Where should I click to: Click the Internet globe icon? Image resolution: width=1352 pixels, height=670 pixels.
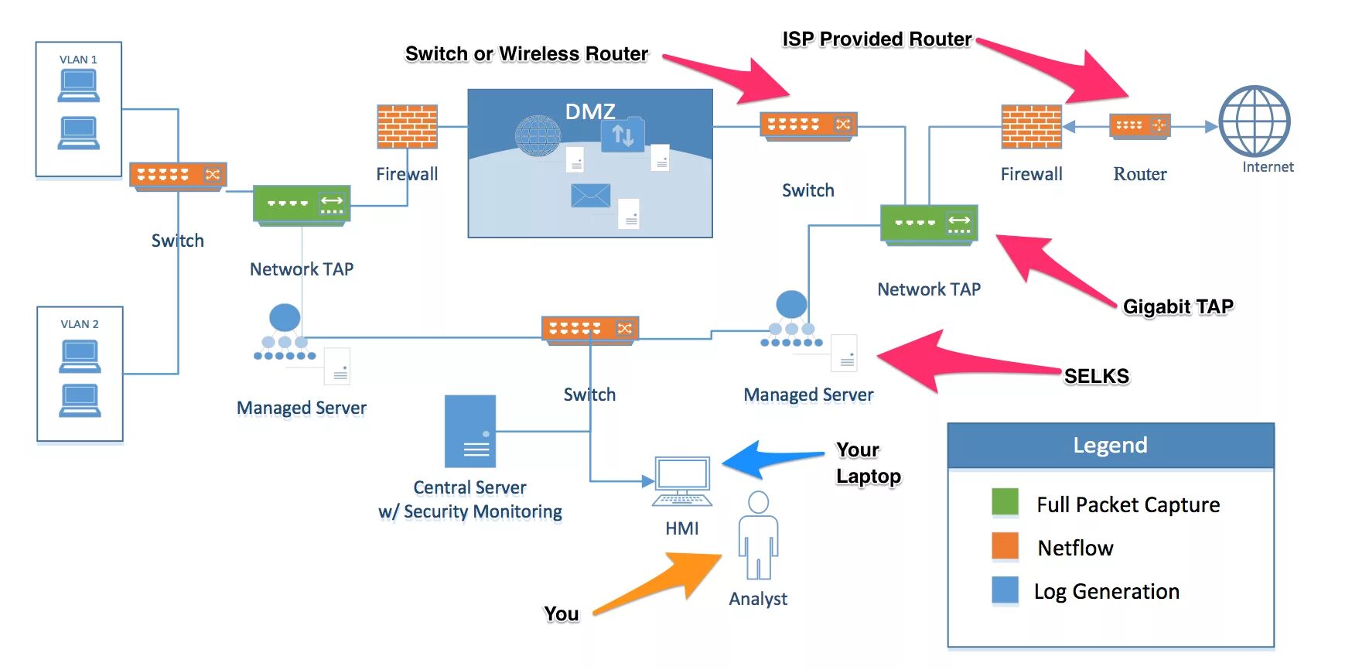click(x=1254, y=121)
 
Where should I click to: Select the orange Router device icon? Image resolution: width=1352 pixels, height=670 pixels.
click(x=1139, y=125)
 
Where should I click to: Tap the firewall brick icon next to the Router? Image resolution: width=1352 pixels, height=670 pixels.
click(x=1031, y=126)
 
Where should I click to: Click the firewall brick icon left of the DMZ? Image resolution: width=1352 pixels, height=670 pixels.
click(x=407, y=126)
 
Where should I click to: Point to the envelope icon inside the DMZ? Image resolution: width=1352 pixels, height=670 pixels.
click(x=590, y=195)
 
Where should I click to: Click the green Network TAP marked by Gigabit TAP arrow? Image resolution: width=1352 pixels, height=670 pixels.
click(x=929, y=224)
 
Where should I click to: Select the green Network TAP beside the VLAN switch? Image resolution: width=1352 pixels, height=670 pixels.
click(x=302, y=205)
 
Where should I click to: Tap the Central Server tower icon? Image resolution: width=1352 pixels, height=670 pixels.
click(x=470, y=431)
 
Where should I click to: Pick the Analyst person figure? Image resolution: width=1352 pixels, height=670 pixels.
click(x=758, y=535)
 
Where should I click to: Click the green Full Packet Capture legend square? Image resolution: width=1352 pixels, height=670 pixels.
click(x=1005, y=502)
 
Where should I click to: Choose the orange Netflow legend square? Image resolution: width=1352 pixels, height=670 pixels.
click(x=1005, y=545)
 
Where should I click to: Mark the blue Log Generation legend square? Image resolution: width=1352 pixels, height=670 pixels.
click(x=1005, y=590)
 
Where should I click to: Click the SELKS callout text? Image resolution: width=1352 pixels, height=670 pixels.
click(x=1096, y=376)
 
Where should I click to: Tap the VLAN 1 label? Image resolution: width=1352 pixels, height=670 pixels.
click(x=78, y=60)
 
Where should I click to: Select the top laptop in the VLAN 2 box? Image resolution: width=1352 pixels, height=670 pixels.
click(x=80, y=356)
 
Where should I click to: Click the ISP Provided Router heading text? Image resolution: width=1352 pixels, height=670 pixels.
click(x=876, y=39)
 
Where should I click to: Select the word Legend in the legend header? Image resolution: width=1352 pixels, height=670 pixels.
click(x=1110, y=446)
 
